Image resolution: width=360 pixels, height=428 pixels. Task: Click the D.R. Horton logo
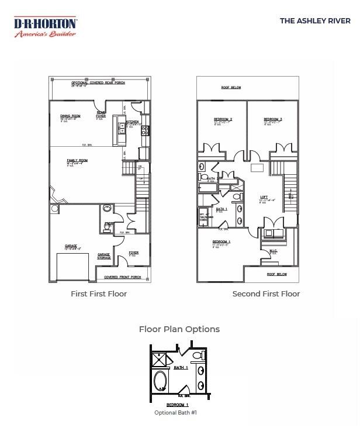click(45, 27)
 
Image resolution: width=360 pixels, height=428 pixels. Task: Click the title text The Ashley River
click(315, 20)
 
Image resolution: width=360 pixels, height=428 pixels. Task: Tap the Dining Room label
click(70, 116)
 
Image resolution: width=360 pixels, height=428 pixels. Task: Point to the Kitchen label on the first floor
click(131, 122)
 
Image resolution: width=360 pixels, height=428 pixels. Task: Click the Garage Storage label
click(104, 256)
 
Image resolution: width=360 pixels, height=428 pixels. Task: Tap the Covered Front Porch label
click(122, 277)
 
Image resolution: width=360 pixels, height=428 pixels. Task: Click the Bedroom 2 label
click(223, 120)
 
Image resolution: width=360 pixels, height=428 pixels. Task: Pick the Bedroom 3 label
click(272, 120)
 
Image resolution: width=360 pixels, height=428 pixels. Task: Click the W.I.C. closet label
click(273, 251)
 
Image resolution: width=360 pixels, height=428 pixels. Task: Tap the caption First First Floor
click(99, 294)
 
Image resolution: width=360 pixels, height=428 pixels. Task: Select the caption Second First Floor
click(266, 294)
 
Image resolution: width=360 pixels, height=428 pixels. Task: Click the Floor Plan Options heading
click(179, 329)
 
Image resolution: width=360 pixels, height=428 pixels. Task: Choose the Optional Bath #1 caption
click(176, 413)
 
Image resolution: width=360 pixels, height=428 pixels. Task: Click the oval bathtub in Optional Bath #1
click(160, 382)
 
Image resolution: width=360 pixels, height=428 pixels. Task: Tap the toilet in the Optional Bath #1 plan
click(198, 355)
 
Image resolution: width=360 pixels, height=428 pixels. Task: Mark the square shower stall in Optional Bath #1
click(160, 359)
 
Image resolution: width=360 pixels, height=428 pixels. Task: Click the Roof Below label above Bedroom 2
click(231, 88)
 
